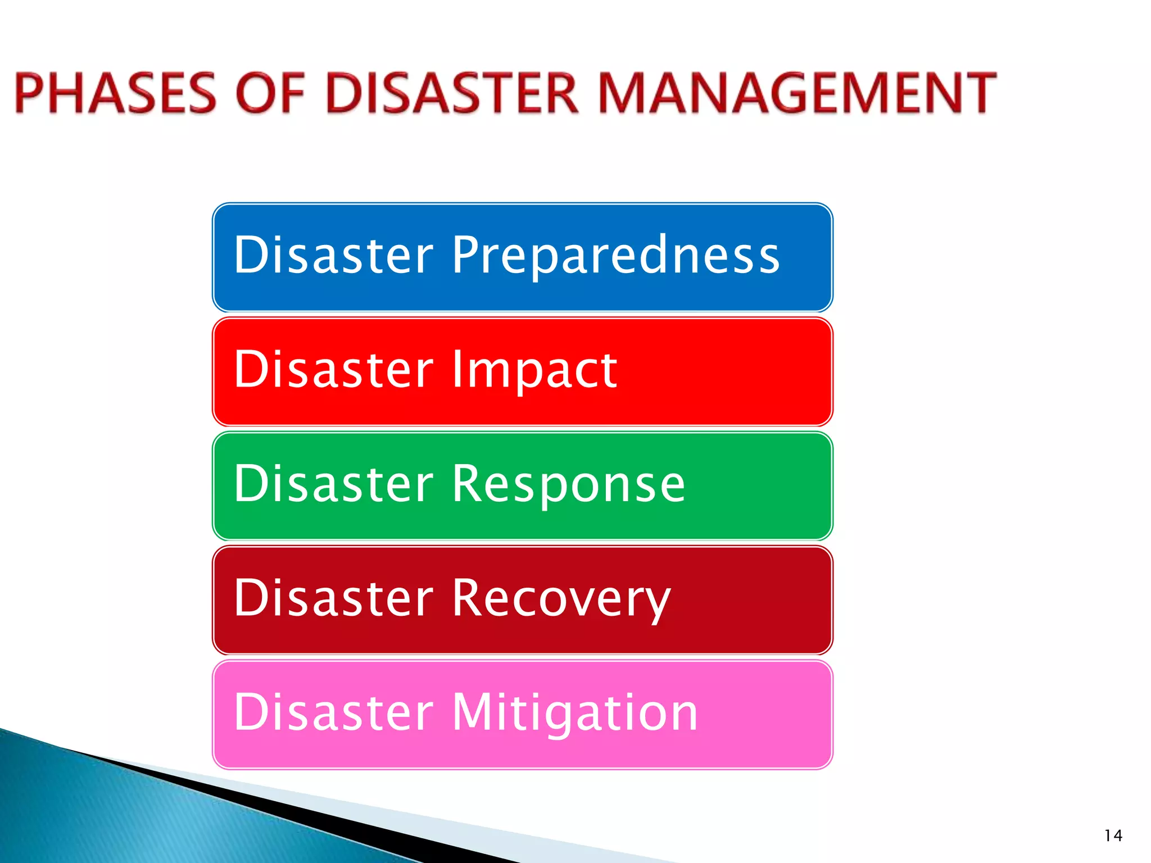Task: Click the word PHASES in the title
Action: (115, 93)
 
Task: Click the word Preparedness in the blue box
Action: (615, 256)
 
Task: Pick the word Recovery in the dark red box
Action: (561, 599)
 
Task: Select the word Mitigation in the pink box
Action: (574, 713)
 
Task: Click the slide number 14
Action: (1113, 835)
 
